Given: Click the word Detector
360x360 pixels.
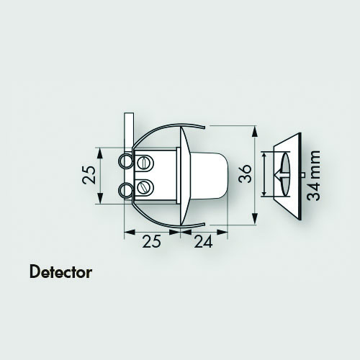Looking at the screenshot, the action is click(x=60, y=272).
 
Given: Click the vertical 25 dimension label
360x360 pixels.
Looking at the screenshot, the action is click(x=89, y=175).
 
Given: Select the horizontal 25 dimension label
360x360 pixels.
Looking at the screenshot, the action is click(x=151, y=241).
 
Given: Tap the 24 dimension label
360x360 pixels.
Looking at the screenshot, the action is click(x=203, y=241).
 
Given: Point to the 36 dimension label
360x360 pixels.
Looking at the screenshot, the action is click(x=246, y=174).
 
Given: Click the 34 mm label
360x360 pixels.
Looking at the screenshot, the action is click(x=314, y=176).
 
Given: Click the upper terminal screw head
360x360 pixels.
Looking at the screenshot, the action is click(x=145, y=163).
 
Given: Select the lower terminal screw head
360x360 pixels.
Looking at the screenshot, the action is click(x=145, y=187).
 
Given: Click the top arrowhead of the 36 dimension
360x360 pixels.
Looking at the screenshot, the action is click(x=255, y=131).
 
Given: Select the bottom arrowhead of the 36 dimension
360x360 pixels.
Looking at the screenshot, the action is click(x=255, y=219).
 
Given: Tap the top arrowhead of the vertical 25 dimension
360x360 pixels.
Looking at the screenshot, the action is click(x=100, y=153).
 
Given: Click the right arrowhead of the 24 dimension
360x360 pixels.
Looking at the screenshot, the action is click(x=222, y=232).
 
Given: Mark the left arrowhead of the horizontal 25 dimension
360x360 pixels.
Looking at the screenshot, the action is click(x=130, y=232).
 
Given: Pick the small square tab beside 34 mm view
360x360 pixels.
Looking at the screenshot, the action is click(x=303, y=175).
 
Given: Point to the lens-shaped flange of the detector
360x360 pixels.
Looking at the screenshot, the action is click(x=185, y=176).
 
